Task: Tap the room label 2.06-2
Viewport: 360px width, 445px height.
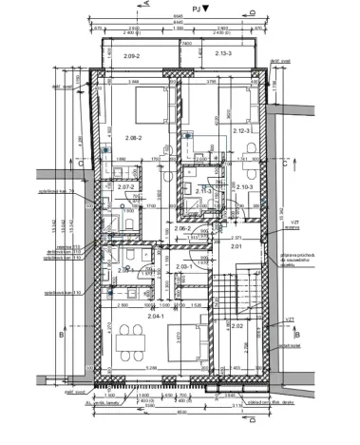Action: (x=182, y=228)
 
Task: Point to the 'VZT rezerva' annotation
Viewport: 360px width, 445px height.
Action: (x=280, y=223)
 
